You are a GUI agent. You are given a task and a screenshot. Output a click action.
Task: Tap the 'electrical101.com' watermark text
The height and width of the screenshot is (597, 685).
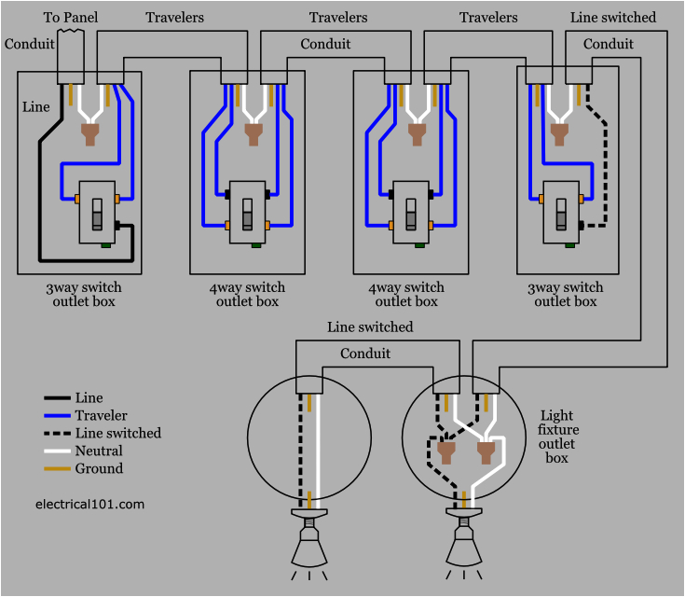point(90,504)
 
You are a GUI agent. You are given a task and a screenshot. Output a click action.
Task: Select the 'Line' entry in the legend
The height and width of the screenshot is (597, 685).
point(89,398)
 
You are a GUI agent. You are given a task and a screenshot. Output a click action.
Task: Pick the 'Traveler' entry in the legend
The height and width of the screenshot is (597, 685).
point(101,415)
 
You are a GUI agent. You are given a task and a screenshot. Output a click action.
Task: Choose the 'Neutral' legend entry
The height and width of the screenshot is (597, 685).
point(98,451)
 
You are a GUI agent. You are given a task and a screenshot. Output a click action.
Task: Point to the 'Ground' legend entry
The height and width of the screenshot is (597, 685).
point(99,468)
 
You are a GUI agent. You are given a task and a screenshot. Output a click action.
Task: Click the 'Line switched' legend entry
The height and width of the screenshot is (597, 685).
point(117,433)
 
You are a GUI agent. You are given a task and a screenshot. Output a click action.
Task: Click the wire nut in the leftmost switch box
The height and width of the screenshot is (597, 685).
point(91,135)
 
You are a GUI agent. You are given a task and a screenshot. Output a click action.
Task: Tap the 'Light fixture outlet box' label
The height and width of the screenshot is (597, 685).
point(557,437)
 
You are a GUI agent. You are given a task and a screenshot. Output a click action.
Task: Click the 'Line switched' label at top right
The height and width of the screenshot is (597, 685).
point(612,18)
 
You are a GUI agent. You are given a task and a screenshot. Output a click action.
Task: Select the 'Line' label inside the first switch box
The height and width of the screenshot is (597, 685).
point(35,107)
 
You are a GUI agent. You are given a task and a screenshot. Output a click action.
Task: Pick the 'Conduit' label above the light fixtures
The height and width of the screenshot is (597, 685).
point(365,354)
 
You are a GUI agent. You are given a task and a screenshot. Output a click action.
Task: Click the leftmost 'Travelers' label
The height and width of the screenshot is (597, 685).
point(174,18)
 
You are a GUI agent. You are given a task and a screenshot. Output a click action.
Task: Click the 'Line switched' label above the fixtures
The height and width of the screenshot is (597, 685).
point(370,327)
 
